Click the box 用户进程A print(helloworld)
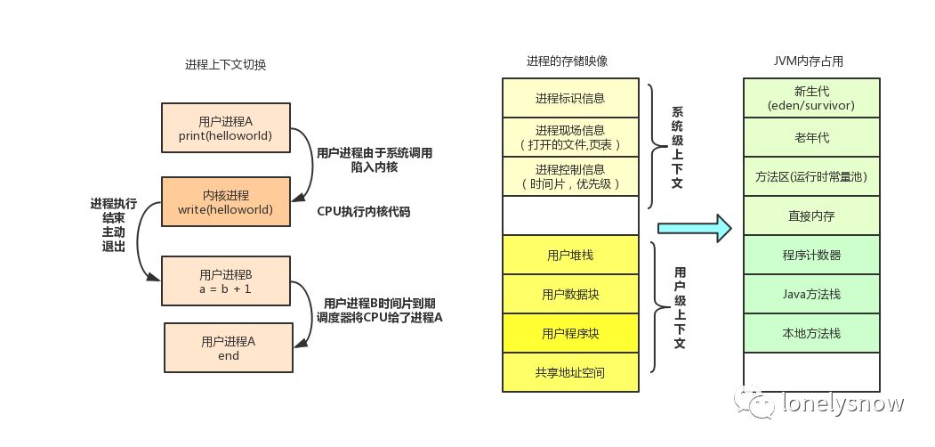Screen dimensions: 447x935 coord(226,127)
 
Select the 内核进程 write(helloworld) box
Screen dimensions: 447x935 coord(226,201)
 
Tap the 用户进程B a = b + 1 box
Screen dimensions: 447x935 coord(226,281)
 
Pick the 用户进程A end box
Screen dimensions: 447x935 coord(229,347)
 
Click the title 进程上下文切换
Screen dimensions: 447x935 coord(225,65)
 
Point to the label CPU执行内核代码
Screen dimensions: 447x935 coord(363,212)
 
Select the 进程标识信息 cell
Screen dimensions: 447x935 coord(570,98)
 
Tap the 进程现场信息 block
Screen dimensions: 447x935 coord(570,137)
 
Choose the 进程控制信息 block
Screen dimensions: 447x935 coord(570,176)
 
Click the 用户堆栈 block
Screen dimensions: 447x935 coord(570,255)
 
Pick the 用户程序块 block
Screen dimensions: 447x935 coord(570,333)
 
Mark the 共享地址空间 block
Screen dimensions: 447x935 coord(570,372)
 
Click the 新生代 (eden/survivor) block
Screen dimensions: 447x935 coord(811,98)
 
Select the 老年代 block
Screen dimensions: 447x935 coord(811,137)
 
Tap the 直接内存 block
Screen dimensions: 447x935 coord(811,215)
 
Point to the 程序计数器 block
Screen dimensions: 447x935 coord(811,255)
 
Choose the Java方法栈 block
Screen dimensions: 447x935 coord(811,294)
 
